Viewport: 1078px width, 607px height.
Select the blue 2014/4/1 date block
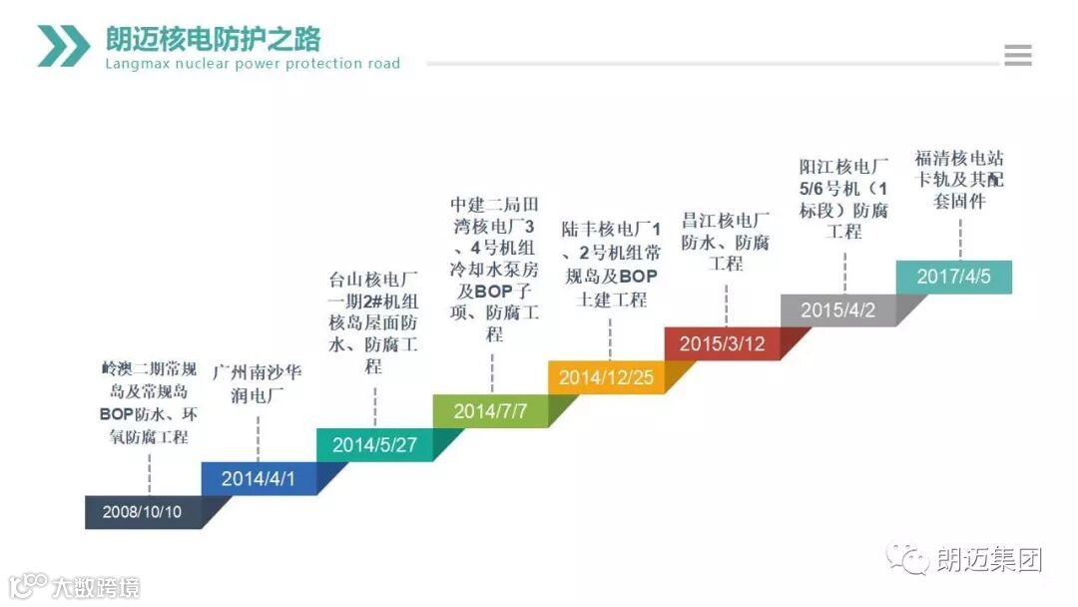pyautogui.click(x=259, y=478)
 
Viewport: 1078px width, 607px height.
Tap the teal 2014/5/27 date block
pyautogui.click(x=374, y=444)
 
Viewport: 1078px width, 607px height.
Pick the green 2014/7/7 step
pyautogui.click(x=490, y=410)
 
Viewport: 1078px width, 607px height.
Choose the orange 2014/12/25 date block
pyautogui.click(x=606, y=377)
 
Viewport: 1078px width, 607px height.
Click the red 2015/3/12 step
pyautogui.click(x=722, y=343)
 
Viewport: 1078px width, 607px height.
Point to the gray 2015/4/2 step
pyautogui.click(x=837, y=310)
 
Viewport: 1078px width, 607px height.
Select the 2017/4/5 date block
pyautogui.click(x=954, y=277)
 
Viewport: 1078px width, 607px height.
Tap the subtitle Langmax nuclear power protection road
pyautogui.click(x=253, y=64)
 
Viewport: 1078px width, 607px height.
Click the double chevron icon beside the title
pyautogui.click(x=64, y=46)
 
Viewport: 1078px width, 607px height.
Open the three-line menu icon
pyautogui.click(x=1018, y=56)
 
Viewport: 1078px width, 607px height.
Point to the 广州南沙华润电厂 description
pyautogui.click(x=258, y=382)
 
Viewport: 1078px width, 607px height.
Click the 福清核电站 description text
pyautogui.click(x=959, y=180)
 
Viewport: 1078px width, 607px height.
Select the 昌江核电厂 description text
pyautogui.click(x=726, y=242)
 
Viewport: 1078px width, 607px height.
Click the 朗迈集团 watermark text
pyautogui.click(x=989, y=560)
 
